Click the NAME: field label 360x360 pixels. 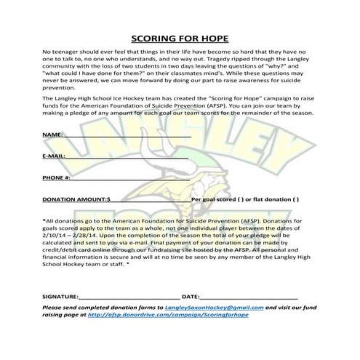tap(52, 135)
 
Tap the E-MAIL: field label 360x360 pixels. tap(55, 156)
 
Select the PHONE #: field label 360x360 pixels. tap(57, 177)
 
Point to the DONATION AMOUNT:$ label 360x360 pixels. tap(76, 199)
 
